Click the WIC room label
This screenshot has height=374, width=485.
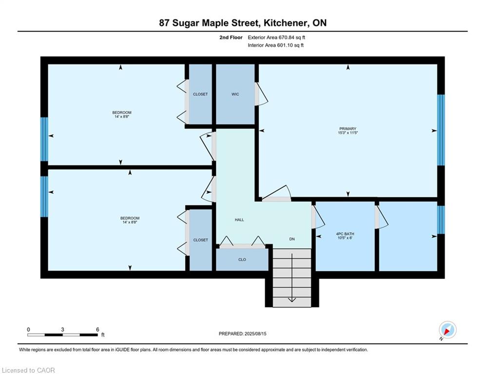coord(235,94)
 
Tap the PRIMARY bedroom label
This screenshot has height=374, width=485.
coord(348,129)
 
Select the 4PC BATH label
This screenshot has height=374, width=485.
coord(345,234)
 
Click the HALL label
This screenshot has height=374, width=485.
coord(239,220)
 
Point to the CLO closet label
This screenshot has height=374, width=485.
coord(242,260)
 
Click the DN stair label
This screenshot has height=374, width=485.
coord(292,239)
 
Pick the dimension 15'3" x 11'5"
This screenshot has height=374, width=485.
coord(348,132)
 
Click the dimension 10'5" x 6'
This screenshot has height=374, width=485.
coord(345,238)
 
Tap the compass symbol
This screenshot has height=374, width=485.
coord(447,330)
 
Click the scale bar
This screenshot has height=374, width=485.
coord(62,335)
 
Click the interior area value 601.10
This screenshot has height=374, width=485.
coord(285,45)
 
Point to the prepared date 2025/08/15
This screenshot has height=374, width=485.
coord(255,334)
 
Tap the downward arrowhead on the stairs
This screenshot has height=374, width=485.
coord(292,300)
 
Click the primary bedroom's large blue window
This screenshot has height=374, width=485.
coord(441,130)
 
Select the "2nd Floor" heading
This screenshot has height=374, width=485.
coord(231,37)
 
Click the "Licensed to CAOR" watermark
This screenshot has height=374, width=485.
coord(28,370)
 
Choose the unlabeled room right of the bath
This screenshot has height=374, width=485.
coord(408,237)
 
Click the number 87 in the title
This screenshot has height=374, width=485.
coord(164,23)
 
